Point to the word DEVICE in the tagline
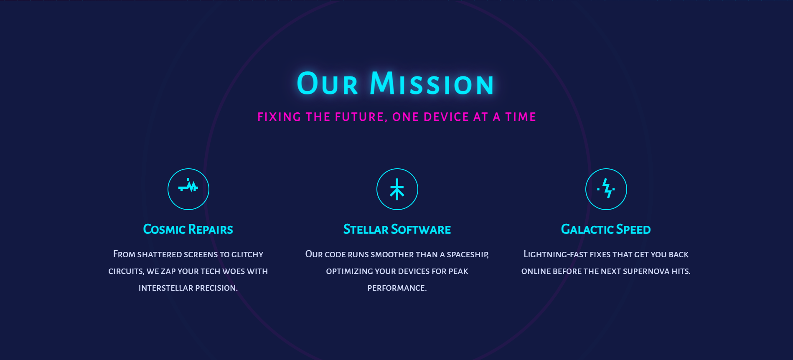(446, 117)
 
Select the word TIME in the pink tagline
(521, 117)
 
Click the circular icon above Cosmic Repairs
(188, 189)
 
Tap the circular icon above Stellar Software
(397, 189)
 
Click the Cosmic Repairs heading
(188, 229)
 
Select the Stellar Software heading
(397, 229)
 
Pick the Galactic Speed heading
(606, 229)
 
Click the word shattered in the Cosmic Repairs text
(160, 254)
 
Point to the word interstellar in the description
(165, 288)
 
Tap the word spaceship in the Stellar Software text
(468, 254)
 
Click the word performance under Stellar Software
(397, 288)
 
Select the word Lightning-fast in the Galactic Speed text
(555, 254)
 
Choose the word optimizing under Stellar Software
(349, 271)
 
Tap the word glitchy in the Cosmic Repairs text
(247, 254)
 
